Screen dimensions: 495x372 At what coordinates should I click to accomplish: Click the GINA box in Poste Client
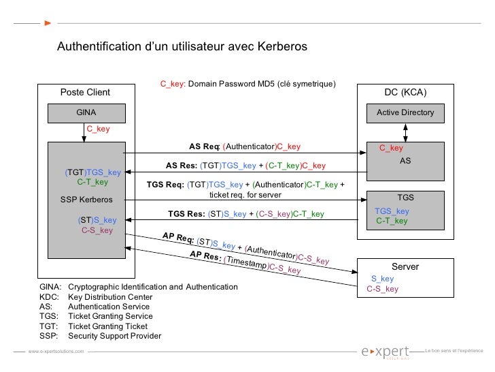86,112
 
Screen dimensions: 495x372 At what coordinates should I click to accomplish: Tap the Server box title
405,267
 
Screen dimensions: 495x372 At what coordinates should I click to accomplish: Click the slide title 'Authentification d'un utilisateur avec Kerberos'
182,47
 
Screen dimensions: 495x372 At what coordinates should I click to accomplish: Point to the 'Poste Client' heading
86,93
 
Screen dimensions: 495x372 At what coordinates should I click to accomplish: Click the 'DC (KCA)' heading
406,93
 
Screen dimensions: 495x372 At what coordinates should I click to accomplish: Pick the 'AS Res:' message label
182,166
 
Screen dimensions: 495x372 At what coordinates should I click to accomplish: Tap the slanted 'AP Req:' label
178,238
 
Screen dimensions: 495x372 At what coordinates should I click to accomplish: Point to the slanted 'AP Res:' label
205,258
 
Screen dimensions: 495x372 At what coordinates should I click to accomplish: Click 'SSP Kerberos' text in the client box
87,200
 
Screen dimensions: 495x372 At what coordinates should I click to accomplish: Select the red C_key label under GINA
98,129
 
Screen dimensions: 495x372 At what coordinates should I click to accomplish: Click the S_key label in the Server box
382,279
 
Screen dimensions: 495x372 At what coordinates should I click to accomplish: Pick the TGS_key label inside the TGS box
392,211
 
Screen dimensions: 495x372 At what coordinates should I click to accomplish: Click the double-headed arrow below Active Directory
405,131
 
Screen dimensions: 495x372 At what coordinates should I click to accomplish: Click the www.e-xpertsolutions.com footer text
56,351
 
